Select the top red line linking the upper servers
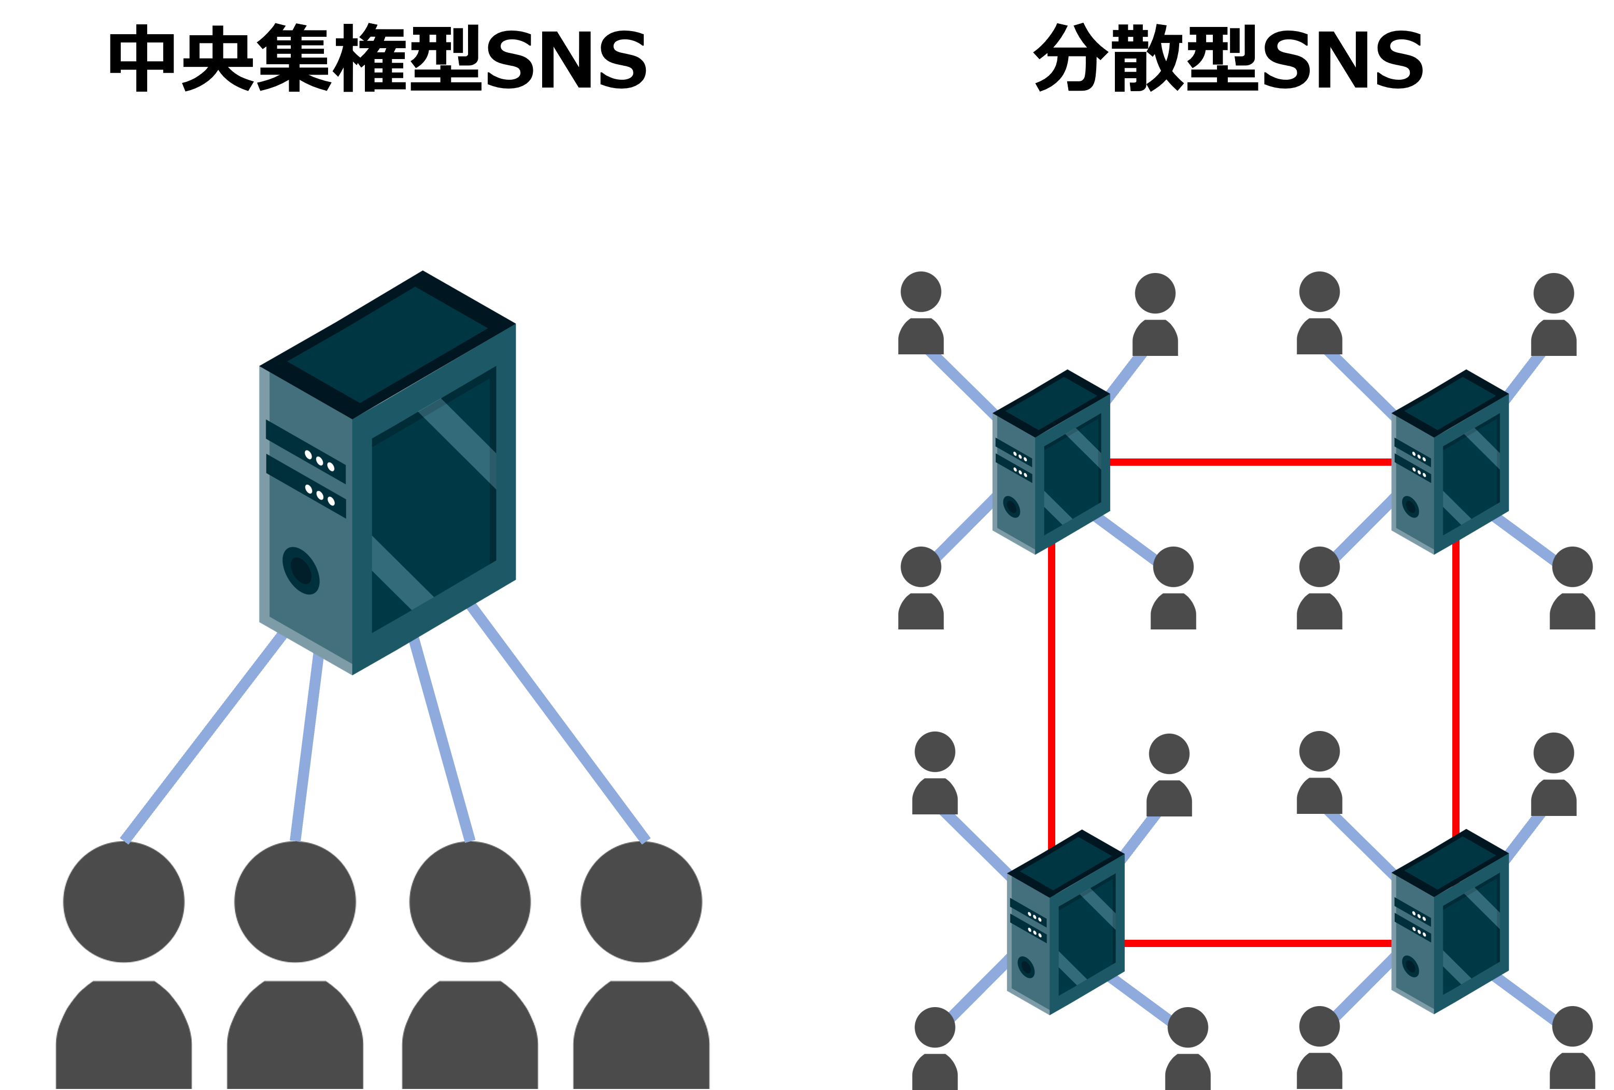pyautogui.click(x=1250, y=462)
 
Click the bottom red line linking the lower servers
pyautogui.click(x=1257, y=943)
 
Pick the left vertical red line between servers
pyautogui.click(x=1052, y=694)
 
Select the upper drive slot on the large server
pyautogui.click(x=306, y=452)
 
